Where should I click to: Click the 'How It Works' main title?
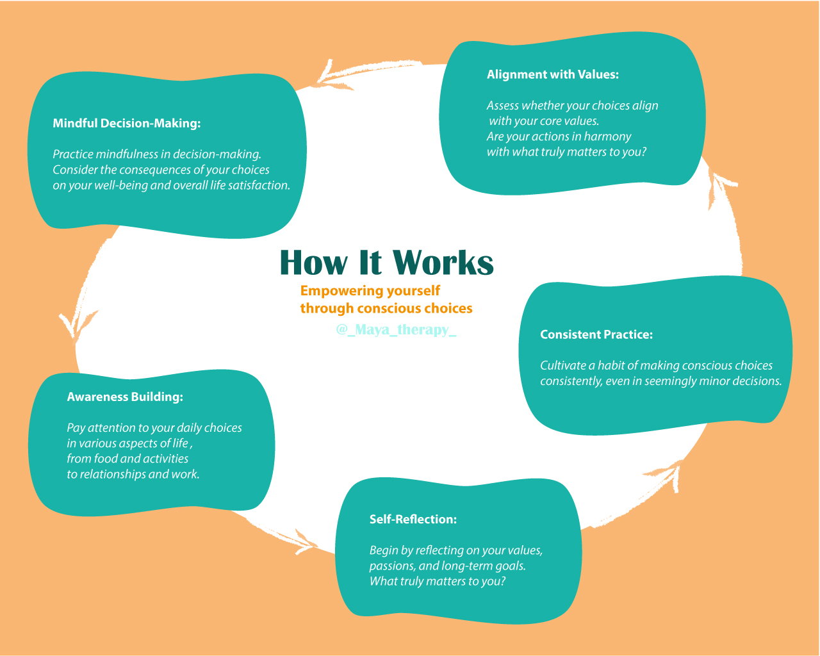386,263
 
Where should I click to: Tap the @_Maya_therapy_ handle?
396,329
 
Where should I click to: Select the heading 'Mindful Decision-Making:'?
126,124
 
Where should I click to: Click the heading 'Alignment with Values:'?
552,74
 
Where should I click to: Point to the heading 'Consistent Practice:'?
596,334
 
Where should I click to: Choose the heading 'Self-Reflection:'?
413,519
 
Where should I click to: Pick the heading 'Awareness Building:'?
125,397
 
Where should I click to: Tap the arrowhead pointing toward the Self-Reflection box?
305,541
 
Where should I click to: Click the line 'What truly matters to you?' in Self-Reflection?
438,582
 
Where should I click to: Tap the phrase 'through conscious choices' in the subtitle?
386,308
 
